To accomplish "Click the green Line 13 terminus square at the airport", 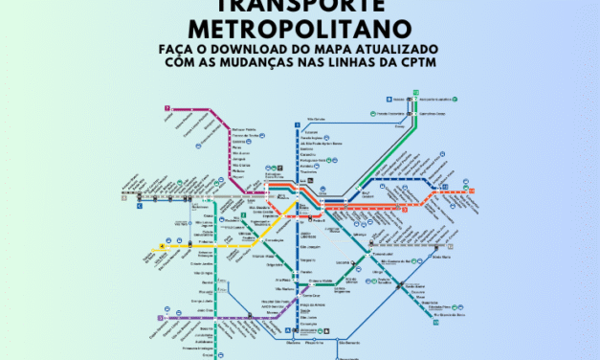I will coord(416,93).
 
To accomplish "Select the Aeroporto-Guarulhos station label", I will coord(443,99).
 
